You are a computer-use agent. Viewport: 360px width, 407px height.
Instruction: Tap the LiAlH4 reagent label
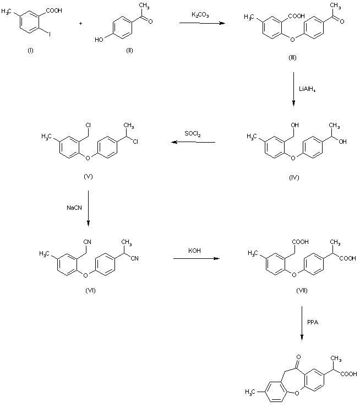point(306,88)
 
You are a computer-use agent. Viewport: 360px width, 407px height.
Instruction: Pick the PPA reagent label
point(312,324)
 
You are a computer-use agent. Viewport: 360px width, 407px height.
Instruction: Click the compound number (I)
point(30,51)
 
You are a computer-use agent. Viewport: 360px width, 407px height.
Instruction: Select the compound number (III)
point(292,59)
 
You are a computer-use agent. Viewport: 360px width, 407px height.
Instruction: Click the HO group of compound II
point(99,39)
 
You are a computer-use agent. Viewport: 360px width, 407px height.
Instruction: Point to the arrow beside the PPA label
point(302,327)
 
